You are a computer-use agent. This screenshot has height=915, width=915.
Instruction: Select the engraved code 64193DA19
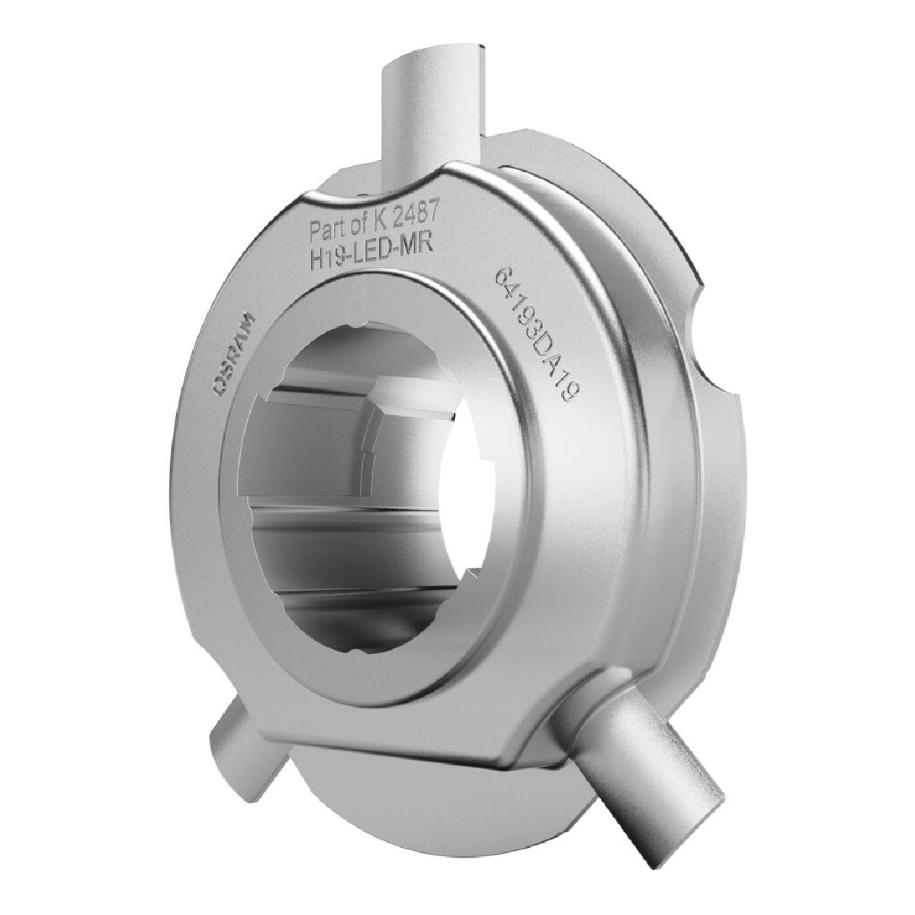[x=538, y=336]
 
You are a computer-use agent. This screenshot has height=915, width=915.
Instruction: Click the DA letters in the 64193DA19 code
[x=552, y=362]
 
